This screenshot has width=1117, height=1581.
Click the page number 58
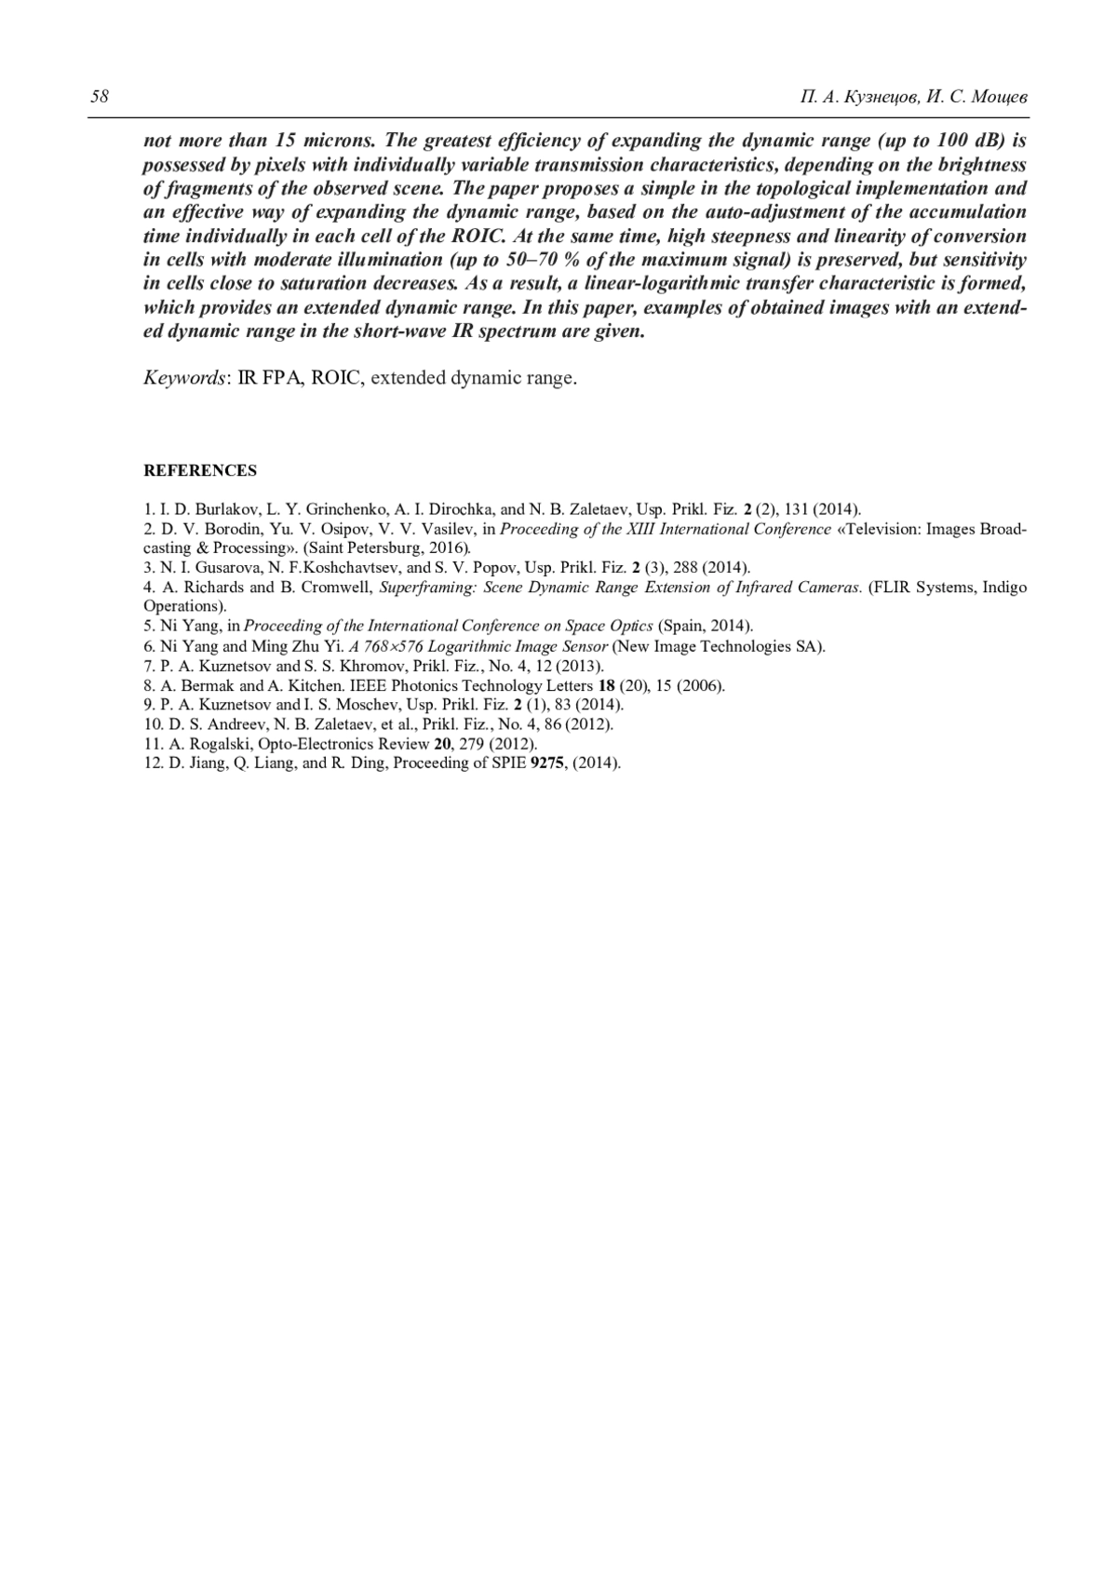[x=99, y=97]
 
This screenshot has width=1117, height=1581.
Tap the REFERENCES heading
[x=199, y=471]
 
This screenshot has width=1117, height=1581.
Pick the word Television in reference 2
[x=881, y=529]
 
